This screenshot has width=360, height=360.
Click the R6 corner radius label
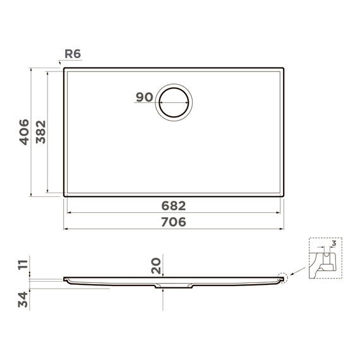(x=73, y=54)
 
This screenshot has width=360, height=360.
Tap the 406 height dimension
(x=24, y=132)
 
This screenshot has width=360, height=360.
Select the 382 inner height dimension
(x=41, y=132)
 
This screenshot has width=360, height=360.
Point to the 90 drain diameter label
(x=145, y=97)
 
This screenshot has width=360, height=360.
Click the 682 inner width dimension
(x=174, y=206)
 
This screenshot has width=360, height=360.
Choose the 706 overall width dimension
(x=174, y=222)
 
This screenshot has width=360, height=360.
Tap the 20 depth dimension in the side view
(x=156, y=266)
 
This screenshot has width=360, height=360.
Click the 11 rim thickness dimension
(x=23, y=264)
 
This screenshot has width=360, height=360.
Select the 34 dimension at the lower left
(x=23, y=299)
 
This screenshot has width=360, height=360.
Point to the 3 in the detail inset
(x=334, y=243)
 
